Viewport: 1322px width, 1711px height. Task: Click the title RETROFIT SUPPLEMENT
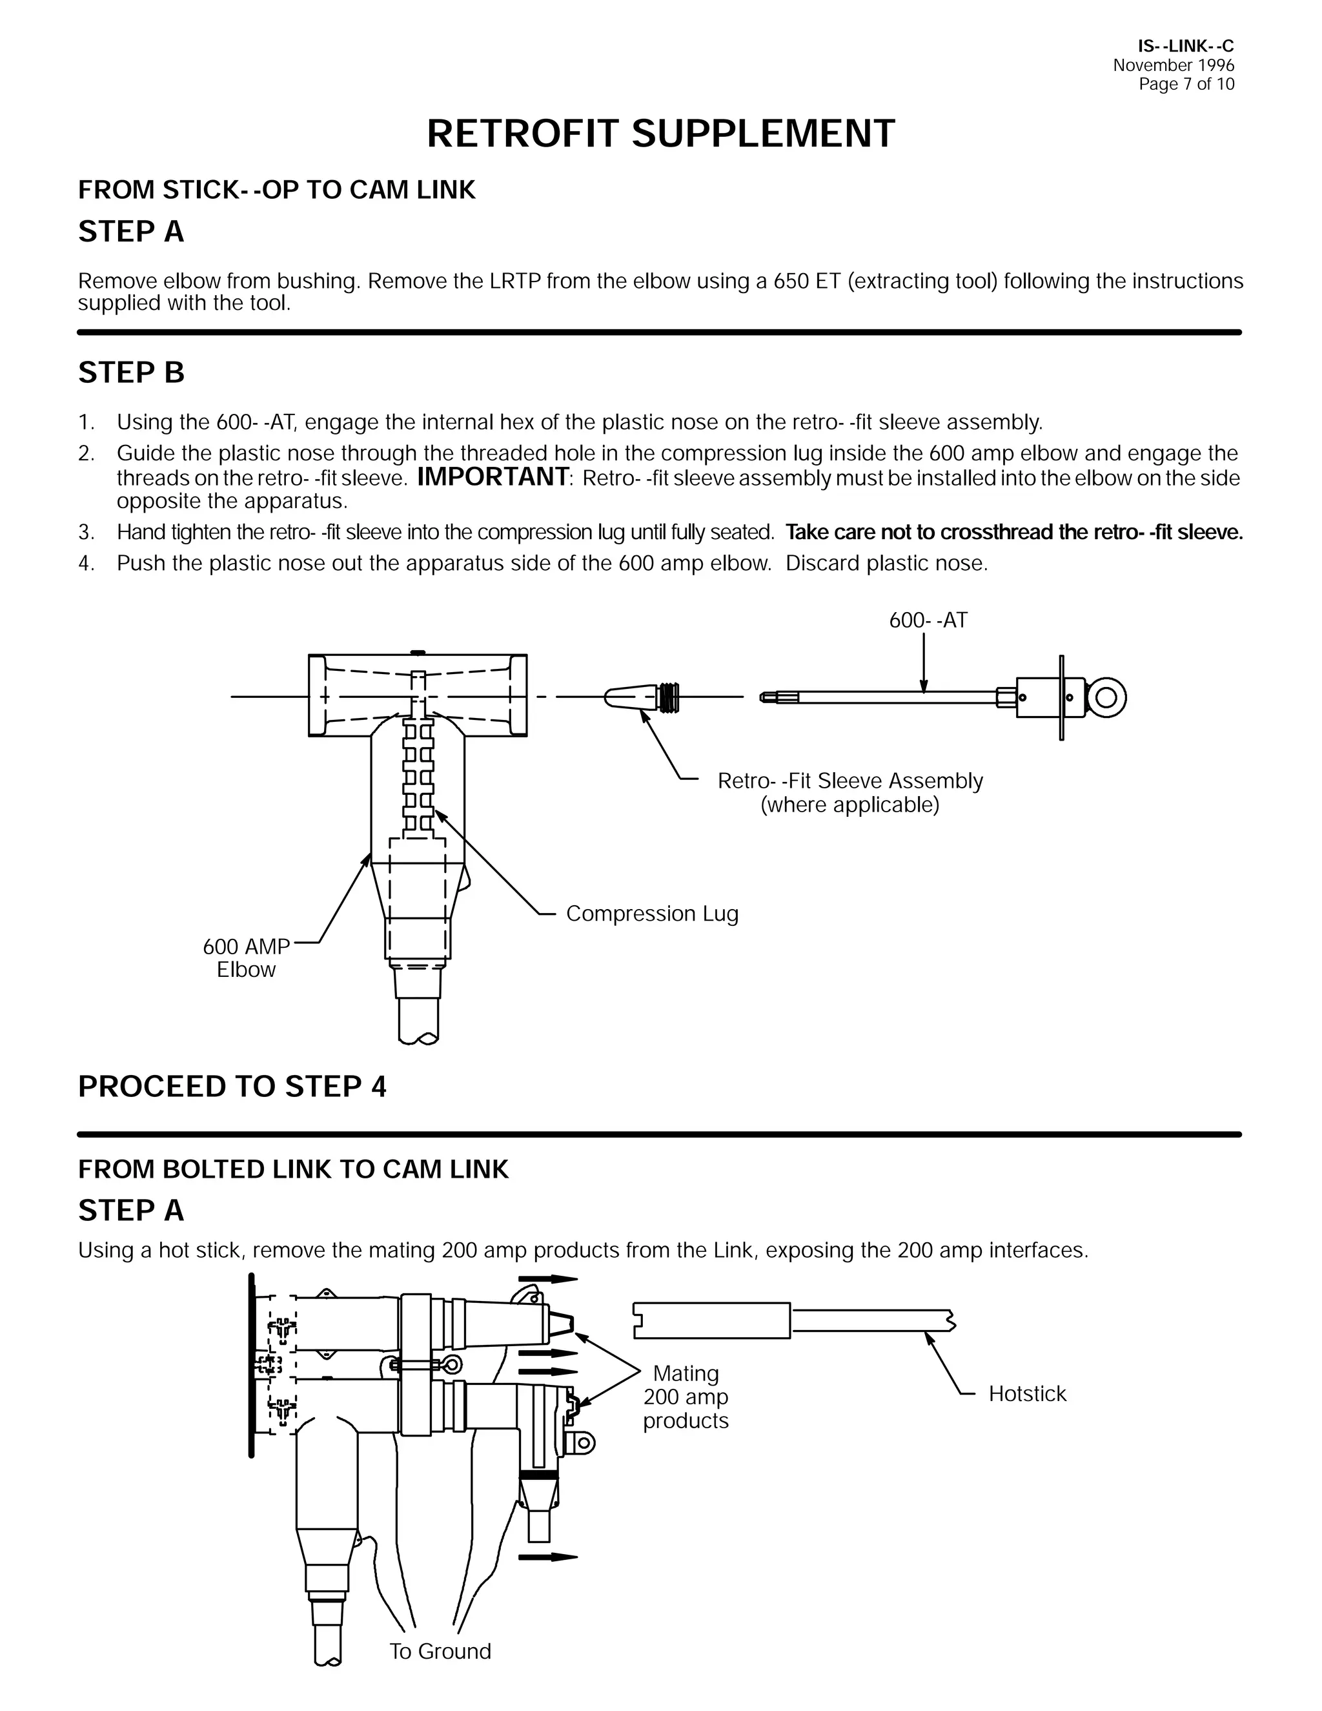tap(660, 134)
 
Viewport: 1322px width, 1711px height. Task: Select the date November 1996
tap(1172, 66)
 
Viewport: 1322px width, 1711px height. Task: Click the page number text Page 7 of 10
tap(1186, 85)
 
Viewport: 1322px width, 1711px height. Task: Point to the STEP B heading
tap(131, 373)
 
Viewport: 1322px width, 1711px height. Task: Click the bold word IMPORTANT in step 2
tap(493, 477)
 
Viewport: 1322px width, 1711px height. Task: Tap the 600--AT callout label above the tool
tap(928, 620)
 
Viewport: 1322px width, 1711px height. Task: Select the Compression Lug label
tap(651, 914)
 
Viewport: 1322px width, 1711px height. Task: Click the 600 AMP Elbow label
tap(246, 958)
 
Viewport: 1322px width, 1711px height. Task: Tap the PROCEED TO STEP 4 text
tap(232, 1087)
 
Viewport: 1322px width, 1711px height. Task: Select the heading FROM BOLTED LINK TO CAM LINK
tap(293, 1169)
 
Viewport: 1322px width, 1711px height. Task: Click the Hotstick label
tap(1027, 1394)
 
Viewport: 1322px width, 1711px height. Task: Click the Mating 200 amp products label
tap(686, 1397)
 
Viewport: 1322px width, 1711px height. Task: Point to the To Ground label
tap(440, 1652)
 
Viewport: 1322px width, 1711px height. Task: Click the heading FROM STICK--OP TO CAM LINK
tap(276, 190)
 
